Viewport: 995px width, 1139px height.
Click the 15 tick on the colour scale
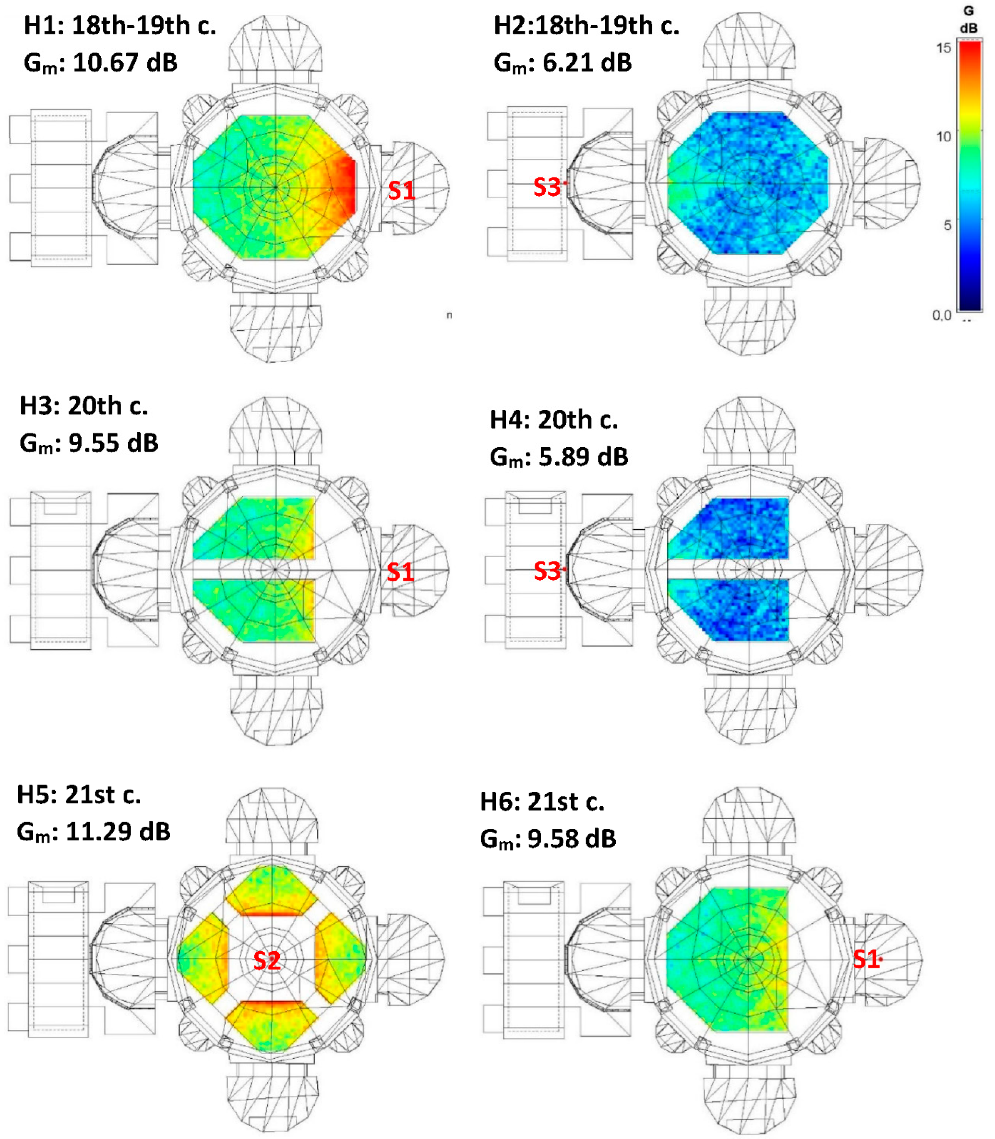pos(944,48)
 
